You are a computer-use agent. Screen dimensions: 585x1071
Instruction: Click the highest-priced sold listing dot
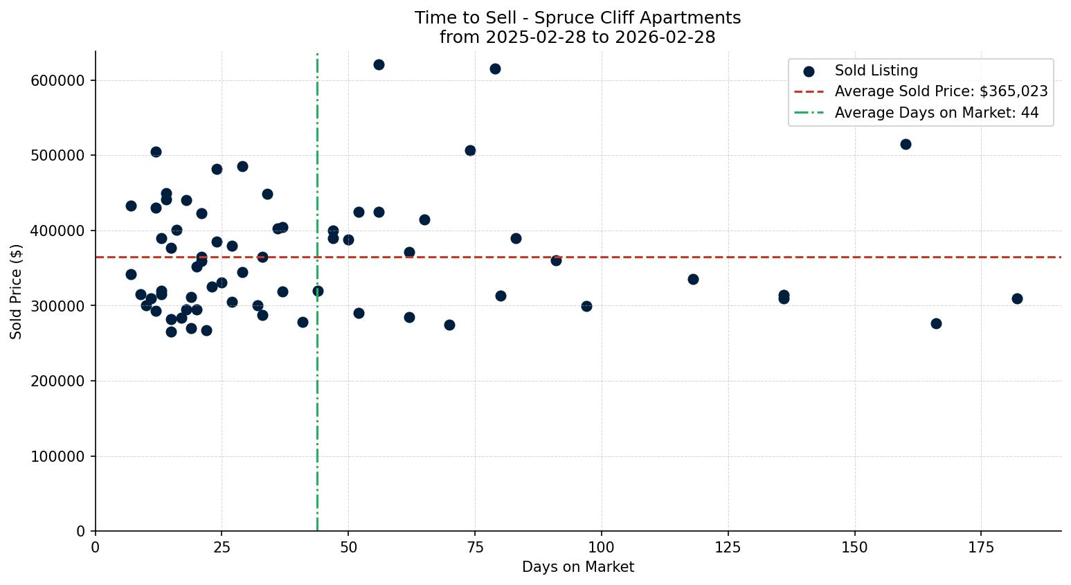[379, 64]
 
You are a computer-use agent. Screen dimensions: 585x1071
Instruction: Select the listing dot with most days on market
[1017, 298]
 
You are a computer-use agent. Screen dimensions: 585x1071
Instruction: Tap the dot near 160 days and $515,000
[906, 144]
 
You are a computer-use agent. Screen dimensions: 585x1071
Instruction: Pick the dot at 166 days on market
[936, 323]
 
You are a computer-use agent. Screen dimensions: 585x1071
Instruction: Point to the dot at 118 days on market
[693, 279]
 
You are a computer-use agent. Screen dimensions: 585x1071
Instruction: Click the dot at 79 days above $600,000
[495, 69]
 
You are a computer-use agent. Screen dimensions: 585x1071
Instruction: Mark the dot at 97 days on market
[586, 306]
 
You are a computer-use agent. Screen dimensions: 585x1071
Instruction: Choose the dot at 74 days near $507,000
[470, 150]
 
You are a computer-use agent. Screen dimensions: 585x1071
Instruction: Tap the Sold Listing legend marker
[809, 71]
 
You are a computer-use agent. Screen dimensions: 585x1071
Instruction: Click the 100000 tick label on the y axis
[58, 456]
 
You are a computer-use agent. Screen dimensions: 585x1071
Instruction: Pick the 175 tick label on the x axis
[981, 548]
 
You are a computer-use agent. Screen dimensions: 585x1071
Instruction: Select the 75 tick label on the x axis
[475, 548]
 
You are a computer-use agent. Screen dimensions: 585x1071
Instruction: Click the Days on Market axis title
[578, 567]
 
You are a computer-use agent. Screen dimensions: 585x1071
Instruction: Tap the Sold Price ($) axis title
[16, 291]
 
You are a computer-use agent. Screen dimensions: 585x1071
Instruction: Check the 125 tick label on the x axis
[728, 548]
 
